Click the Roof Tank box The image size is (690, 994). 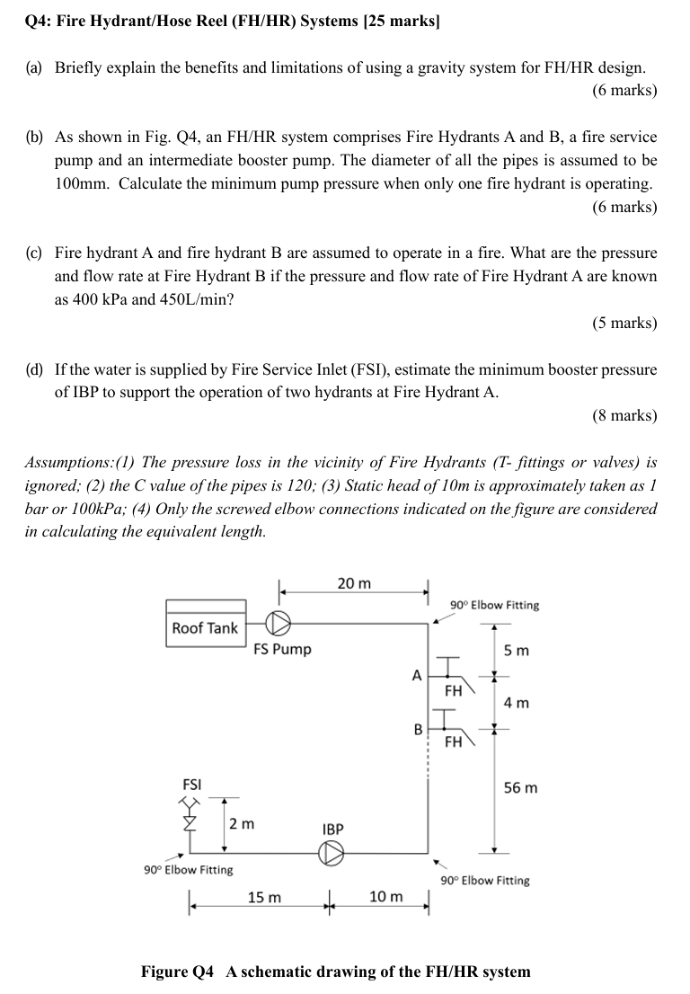click(x=205, y=628)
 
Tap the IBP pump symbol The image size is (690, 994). click(x=332, y=855)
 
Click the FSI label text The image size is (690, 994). click(x=192, y=784)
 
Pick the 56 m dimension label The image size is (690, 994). click(x=521, y=788)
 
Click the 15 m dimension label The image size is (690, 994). click(x=264, y=898)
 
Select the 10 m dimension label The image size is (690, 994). click(x=386, y=898)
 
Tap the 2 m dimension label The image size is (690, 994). click(x=242, y=823)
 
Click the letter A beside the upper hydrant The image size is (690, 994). click(x=416, y=674)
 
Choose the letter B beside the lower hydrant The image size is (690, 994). click(x=417, y=730)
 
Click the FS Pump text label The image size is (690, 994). click(x=282, y=649)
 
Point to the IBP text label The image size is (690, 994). click(x=332, y=828)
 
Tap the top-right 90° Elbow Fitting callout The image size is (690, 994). click(x=495, y=605)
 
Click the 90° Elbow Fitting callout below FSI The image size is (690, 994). click(x=189, y=870)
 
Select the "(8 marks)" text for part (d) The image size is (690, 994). click(x=624, y=415)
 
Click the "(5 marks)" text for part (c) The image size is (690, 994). click(x=624, y=323)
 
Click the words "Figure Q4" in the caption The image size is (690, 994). click(x=178, y=972)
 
